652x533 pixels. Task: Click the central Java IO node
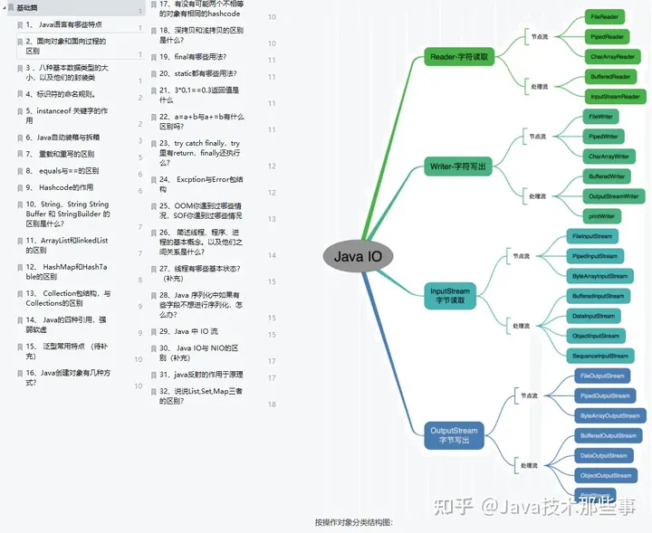[358, 256]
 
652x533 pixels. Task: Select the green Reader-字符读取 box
[460, 58]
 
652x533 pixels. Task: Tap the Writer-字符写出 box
[460, 167]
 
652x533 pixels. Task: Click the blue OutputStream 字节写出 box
[454, 435]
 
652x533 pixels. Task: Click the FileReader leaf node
[604, 17]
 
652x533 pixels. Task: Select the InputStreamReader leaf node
[615, 97]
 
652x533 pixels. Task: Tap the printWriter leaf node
[601, 216]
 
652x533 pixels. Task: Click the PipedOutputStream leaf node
[604, 395]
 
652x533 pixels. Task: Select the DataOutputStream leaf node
[604, 456]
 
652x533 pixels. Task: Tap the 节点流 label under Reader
[539, 37]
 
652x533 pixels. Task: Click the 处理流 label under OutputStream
[529, 465]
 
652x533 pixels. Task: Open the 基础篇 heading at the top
[28, 7]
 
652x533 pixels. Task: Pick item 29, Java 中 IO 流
[189, 331]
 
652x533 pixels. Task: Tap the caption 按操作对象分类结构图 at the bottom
[354, 522]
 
